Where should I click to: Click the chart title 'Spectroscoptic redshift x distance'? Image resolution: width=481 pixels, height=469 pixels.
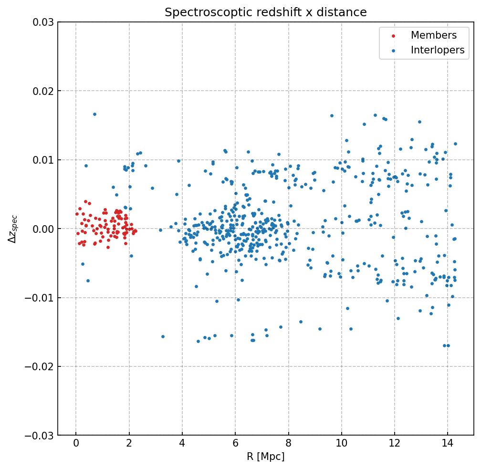point(266,12)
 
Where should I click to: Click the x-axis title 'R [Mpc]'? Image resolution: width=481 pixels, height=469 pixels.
point(266,457)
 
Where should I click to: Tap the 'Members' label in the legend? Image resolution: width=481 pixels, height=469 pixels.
point(434,35)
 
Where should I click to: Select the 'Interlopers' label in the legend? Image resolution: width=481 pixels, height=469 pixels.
point(438,50)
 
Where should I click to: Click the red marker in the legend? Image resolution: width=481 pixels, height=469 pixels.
point(393,36)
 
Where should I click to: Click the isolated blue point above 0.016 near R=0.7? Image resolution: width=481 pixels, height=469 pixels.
point(94,114)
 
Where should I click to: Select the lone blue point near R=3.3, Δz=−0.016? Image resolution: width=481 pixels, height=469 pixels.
point(163,336)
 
